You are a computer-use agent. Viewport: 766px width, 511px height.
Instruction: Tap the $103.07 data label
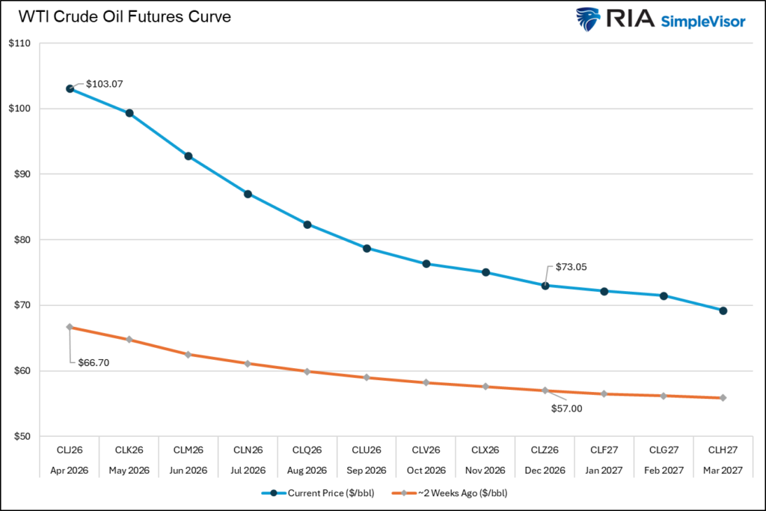click(x=104, y=84)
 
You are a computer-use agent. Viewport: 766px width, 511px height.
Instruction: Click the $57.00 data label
click(x=566, y=409)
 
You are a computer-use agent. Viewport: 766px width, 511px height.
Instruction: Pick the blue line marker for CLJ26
click(x=70, y=88)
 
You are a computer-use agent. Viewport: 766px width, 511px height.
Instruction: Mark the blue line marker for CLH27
click(x=723, y=310)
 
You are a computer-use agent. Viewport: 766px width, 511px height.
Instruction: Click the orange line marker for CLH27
click(x=723, y=398)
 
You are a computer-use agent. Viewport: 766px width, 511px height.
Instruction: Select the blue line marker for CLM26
click(x=189, y=156)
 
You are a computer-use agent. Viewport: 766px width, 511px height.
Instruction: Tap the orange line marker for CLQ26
click(x=307, y=371)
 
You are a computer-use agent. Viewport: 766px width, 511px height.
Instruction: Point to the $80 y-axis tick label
click(x=20, y=240)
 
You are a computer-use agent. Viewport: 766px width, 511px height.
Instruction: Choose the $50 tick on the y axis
click(x=20, y=436)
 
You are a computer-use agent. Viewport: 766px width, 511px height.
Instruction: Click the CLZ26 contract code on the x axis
click(x=545, y=451)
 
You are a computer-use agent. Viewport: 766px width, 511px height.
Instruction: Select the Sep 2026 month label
click(x=367, y=471)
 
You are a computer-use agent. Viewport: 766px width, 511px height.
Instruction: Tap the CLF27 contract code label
click(x=604, y=451)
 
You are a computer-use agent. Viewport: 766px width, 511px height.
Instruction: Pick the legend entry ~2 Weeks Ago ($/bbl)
click(x=462, y=494)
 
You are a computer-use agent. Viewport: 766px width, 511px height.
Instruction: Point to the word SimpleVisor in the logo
click(x=702, y=22)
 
